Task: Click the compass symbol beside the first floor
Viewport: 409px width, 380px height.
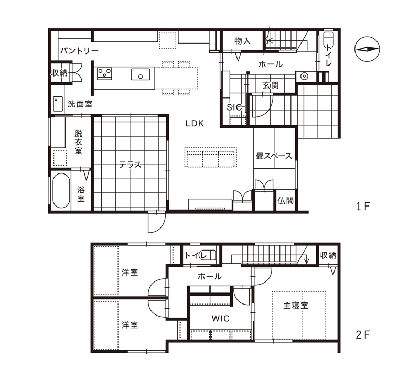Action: (367, 49)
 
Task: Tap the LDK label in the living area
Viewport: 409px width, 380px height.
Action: (195, 123)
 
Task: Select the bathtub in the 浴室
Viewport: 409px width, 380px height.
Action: (61, 191)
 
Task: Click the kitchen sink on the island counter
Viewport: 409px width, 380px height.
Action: (141, 74)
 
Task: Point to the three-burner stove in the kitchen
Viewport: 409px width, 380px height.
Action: (104, 73)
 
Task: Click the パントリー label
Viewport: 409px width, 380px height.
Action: (79, 51)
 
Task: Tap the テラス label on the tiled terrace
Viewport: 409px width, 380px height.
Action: (130, 165)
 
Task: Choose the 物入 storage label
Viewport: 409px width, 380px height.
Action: (242, 41)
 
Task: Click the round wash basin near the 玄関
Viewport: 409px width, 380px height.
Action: (304, 77)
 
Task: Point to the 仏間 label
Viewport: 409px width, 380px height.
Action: (285, 201)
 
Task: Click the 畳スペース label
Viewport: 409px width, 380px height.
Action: (274, 156)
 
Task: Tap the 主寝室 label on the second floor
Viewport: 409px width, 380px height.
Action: (296, 306)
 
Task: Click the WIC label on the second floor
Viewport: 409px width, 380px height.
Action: (220, 319)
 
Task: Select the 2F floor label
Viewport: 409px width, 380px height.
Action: (363, 335)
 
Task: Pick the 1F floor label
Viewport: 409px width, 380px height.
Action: (363, 207)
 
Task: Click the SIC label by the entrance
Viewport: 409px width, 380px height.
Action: (234, 107)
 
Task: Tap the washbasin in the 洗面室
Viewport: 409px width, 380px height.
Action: (58, 104)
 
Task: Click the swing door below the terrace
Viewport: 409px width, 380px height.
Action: (156, 221)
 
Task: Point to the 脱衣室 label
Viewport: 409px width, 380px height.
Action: (78, 142)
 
